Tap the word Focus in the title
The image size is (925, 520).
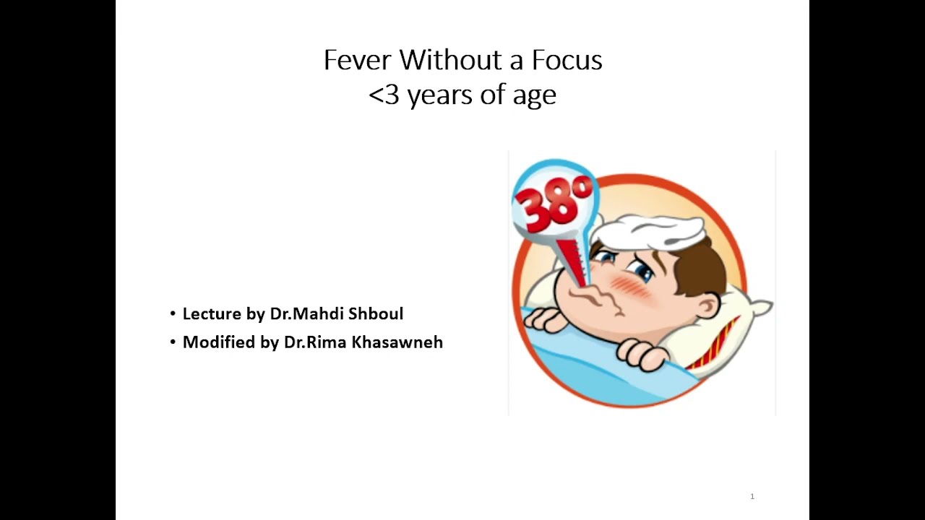[567, 60]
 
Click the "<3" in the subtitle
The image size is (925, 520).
[384, 95]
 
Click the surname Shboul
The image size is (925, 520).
[376, 313]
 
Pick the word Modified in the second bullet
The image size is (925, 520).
[218, 342]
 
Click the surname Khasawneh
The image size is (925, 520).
[397, 342]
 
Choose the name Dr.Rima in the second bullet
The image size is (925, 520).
[315, 342]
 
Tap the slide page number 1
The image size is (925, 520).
[752, 496]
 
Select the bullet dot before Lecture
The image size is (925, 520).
[173, 313]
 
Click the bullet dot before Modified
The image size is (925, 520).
[173, 342]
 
